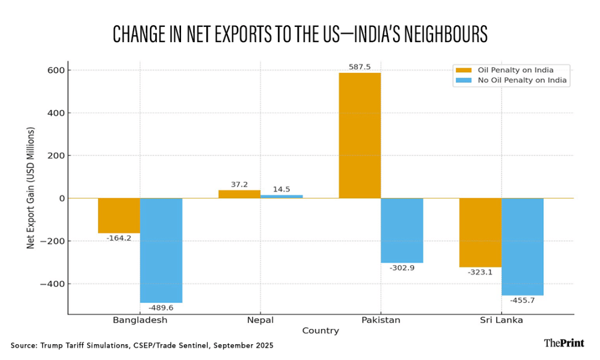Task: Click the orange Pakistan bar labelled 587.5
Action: (359, 135)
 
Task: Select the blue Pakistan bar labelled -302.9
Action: (401, 230)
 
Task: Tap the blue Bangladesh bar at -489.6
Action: (161, 250)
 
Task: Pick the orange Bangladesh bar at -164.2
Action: (119, 216)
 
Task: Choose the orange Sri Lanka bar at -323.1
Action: (480, 233)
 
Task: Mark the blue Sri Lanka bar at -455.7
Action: (522, 247)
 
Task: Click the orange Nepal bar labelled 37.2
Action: (239, 194)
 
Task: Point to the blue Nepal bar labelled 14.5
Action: (281, 196)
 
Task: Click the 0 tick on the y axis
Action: (60, 199)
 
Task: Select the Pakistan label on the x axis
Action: (380, 320)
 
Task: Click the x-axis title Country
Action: (321, 331)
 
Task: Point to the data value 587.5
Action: (359, 67)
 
